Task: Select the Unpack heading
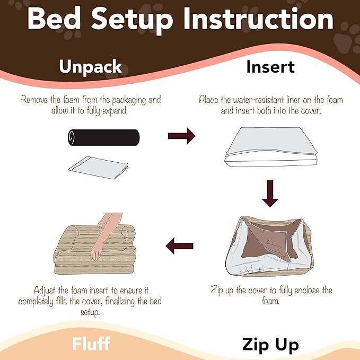91,67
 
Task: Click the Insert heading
270,67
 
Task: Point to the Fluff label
91,344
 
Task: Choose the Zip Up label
270,345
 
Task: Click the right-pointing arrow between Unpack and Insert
181,136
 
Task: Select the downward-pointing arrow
270,193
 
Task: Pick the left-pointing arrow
179,245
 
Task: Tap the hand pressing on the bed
99,249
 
